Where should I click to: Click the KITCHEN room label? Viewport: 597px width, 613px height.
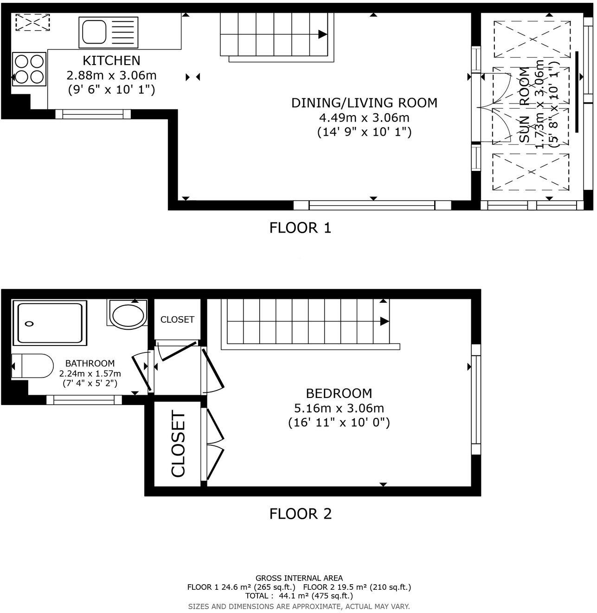[x=111, y=60]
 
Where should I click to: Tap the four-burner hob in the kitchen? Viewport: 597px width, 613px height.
[x=29, y=69]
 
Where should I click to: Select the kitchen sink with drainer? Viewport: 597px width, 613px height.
[x=109, y=33]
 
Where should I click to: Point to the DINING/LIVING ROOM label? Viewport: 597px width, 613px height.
[x=364, y=103]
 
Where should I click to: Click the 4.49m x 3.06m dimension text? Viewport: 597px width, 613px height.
[x=364, y=117]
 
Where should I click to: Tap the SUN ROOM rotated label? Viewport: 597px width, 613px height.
[x=524, y=105]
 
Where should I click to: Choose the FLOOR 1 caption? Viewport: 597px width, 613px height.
[x=300, y=228]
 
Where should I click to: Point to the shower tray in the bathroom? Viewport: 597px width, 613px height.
[x=50, y=323]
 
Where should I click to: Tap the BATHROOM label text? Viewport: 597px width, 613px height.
[x=90, y=364]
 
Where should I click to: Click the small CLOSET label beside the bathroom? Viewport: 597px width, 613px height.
[x=177, y=320]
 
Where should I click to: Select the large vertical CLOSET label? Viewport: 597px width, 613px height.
[x=179, y=443]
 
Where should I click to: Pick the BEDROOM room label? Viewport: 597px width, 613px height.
[x=339, y=393]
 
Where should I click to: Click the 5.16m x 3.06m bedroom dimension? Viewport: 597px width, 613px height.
[x=339, y=408]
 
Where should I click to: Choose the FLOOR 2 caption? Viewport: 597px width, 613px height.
[x=300, y=514]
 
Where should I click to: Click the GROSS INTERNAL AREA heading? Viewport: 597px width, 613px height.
[x=299, y=578]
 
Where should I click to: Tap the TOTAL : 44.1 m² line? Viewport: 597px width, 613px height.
[x=299, y=596]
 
